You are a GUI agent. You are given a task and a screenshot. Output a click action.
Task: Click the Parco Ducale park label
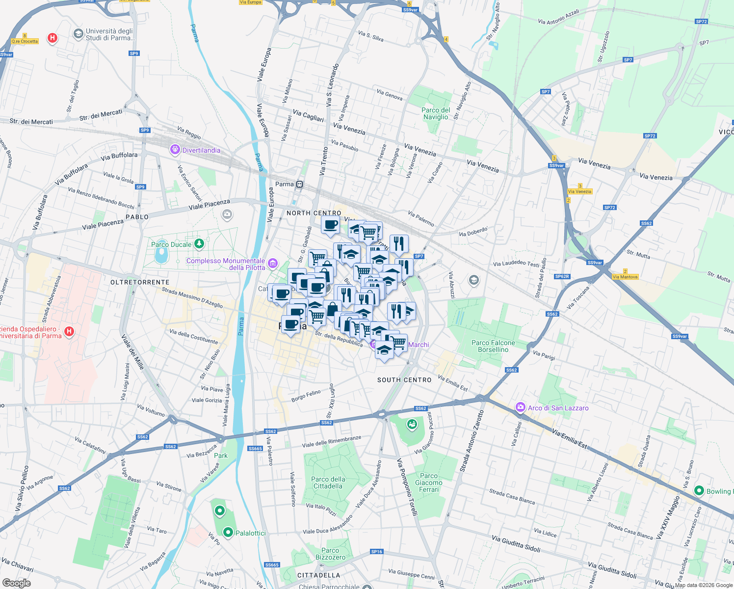click(171, 244)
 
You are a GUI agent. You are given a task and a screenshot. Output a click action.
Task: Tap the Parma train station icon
click(300, 185)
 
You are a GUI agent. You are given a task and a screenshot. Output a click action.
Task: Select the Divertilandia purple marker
click(175, 150)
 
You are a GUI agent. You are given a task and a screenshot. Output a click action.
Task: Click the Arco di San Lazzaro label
click(558, 408)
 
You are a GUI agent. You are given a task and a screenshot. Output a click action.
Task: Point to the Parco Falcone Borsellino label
click(493, 346)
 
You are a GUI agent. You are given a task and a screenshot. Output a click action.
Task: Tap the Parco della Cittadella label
click(328, 482)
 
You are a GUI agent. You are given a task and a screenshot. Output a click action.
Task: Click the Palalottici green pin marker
click(228, 533)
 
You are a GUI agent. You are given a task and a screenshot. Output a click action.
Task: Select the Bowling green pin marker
click(699, 491)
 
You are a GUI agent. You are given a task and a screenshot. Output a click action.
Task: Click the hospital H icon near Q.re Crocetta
click(52, 38)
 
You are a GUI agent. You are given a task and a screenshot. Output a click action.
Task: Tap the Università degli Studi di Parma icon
click(78, 34)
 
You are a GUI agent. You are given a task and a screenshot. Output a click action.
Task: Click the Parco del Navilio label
click(436, 113)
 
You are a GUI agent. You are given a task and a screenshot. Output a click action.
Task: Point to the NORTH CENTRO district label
click(314, 213)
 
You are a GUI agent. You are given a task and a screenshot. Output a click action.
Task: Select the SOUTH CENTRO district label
click(404, 380)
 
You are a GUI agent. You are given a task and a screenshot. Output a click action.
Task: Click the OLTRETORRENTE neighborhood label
click(140, 282)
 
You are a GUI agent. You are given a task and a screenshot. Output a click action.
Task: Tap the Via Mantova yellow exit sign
click(625, 277)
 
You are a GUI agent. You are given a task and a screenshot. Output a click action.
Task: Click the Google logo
click(16, 583)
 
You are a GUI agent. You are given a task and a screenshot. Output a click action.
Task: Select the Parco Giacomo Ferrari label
click(428, 482)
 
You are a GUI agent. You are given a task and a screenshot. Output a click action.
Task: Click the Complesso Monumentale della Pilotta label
click(226, 264)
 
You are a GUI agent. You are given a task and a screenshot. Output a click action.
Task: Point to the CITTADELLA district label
click(318, 575)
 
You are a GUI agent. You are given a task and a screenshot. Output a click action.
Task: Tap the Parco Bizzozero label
click(330, 554)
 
